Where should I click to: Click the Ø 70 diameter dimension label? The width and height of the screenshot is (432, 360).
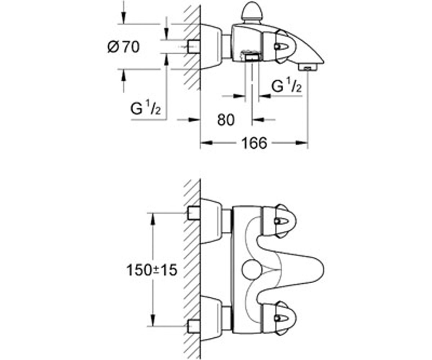pyautogui.click(x=123, y=47)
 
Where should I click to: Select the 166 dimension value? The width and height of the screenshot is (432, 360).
pyautogui.click(x=254, y=143)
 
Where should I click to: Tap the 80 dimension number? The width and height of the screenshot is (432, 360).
pyautogui.click(x=226, y=120)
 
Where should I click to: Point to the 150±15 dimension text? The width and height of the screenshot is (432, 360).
pyautogui.click(x=152, y=270)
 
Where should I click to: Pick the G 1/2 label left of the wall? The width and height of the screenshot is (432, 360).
pyautogui.click(x=145, y=107)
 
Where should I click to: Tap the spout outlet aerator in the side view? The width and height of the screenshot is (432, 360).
pyautogui.click(x=308, y=67)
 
